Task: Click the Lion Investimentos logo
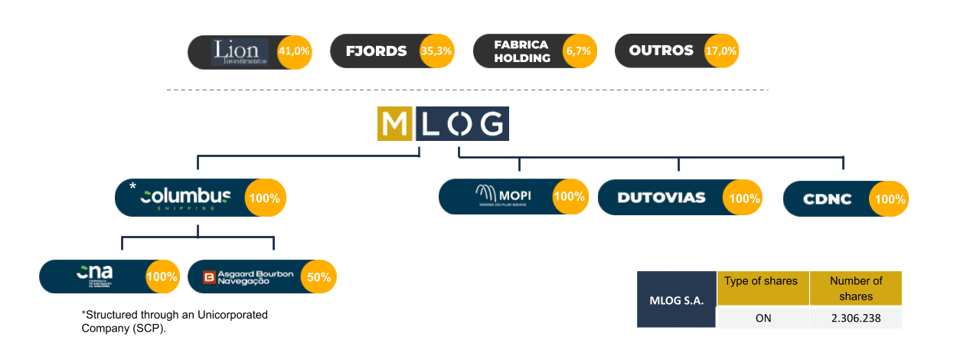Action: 240,52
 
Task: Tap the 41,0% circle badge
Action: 294,52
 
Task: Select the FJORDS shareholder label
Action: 376,52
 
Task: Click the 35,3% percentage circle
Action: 436,52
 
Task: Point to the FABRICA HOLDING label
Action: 522,52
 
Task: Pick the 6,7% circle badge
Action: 577,52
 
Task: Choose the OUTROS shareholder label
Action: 661,51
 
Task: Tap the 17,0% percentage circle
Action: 721,52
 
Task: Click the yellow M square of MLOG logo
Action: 395,125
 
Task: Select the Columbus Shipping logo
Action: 186,198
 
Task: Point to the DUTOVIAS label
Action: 661,198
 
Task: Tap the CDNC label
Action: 827,199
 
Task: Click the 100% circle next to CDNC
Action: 890,199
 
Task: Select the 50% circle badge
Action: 318,277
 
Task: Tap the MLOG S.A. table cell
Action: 676,299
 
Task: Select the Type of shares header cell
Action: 763,281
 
